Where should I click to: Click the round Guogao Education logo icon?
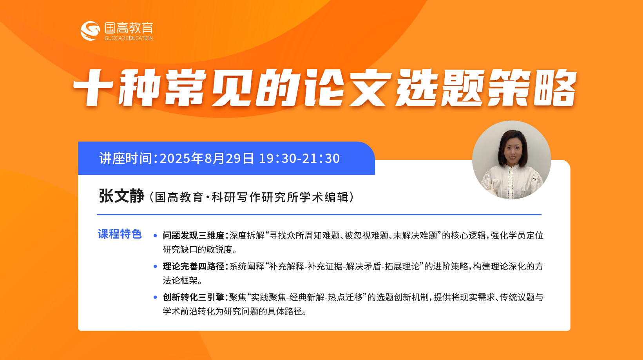click(x=90, y=31)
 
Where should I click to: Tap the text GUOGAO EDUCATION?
click(x=129, y=38)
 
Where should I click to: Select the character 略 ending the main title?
click(x=555, y=87)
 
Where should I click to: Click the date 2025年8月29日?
click(x=206, y=158)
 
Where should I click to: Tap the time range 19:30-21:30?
click(x=299, y=158)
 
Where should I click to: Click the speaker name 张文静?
click(x=121, y=196)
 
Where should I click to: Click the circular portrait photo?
click(x=511, y=160)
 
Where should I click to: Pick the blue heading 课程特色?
click(x=120, y=234)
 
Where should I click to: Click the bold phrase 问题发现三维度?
click(x=194, y=235)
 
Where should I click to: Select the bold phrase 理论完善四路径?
click(x=194, y=266)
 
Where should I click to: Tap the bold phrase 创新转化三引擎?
click(x=194, y=297)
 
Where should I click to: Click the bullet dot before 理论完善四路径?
click(x=155, y=266)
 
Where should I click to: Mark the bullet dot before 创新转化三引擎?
click(x=155, y=297)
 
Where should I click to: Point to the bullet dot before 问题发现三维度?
click(x=155, y=236)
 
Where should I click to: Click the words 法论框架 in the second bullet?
click(x=180, y=280)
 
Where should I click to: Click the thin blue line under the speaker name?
click(x=319, y=214)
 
